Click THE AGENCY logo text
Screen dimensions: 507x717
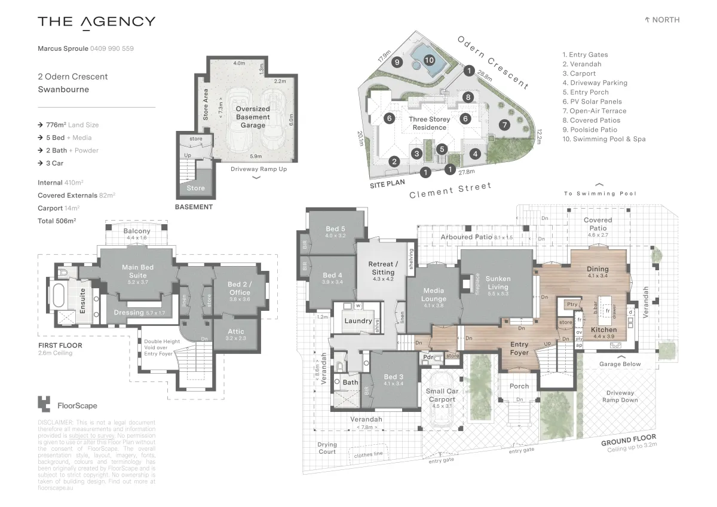[x=96, y=22]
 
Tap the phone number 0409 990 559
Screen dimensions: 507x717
[x=112, y=48]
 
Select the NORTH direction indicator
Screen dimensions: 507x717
[x=662, y=20]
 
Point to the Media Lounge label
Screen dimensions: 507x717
[x=434, y=295]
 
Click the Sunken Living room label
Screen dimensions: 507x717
[x=497, y=283]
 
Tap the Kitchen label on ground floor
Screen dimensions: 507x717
[x=603, y=329]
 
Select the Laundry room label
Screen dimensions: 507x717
[x=358, y=321]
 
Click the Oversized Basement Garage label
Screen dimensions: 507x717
[x=253, y=117]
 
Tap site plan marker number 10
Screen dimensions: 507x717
[x=428, y=60]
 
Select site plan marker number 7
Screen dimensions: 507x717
[x=505, y=125]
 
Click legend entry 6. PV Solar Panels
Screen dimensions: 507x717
[x=592, y=102]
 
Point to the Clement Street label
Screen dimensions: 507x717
[x=450, y=191]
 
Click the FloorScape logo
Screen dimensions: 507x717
[x=67, y=405]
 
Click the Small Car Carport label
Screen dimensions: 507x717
[x=442, y=395]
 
